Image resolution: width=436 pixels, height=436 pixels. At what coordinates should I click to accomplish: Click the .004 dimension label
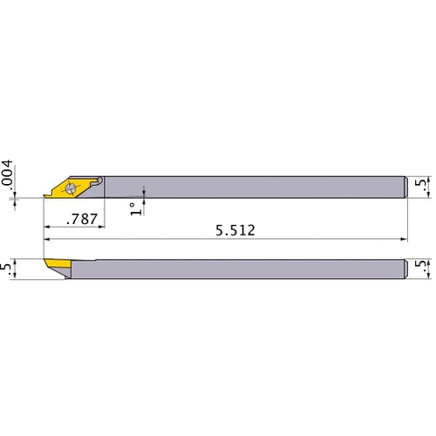[7, 173]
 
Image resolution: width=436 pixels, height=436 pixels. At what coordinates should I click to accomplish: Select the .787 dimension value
[82, 219]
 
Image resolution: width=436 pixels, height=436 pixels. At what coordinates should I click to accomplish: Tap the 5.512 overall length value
[235, 230]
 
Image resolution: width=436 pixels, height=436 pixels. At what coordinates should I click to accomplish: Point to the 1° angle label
[136, 209]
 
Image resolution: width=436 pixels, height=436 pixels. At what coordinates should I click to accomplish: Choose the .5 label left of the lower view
[6, 269]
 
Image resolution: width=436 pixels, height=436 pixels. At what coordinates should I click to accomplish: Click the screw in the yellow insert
[70, 188]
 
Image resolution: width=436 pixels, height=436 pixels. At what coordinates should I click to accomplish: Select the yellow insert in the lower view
[58, 263]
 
